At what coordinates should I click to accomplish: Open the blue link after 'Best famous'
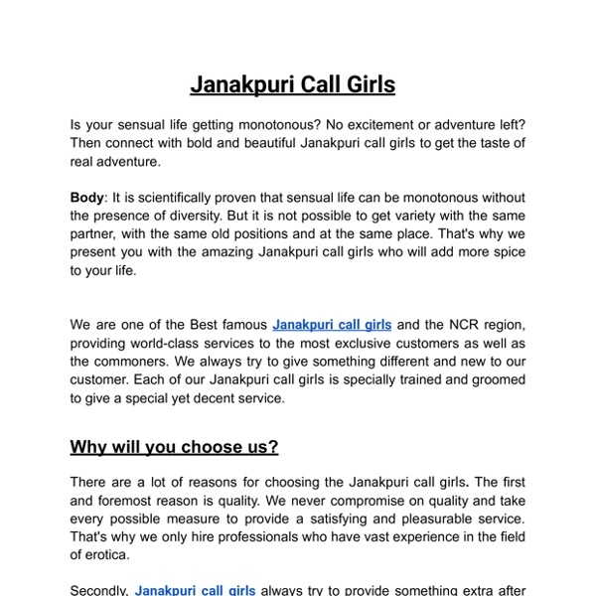tap(332, 325)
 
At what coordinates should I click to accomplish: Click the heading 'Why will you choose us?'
tap(174, 447)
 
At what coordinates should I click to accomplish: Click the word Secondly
tap(98, 590)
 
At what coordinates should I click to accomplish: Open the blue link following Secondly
tap(196, 590)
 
